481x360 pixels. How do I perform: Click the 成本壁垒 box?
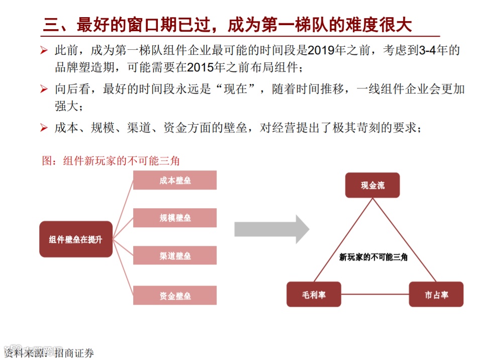pos(175,181)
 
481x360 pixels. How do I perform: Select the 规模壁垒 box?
pos(175,218)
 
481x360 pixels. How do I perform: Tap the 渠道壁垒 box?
pos(175,255)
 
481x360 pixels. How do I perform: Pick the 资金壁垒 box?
pos(175,295)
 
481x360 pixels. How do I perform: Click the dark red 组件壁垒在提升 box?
pos(76,239)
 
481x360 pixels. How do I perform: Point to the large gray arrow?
pos(271,229)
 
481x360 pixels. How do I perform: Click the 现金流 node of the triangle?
pos(372,185)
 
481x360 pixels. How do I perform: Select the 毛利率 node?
pos(314,295)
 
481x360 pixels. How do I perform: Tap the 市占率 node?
pos(436,295)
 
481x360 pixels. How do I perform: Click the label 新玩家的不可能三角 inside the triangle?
pos(373,256)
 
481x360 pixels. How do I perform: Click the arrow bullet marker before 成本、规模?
pos(44,128)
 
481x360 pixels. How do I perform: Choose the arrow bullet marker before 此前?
pos(44,51)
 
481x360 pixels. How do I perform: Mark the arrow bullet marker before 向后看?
pos(44,90)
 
